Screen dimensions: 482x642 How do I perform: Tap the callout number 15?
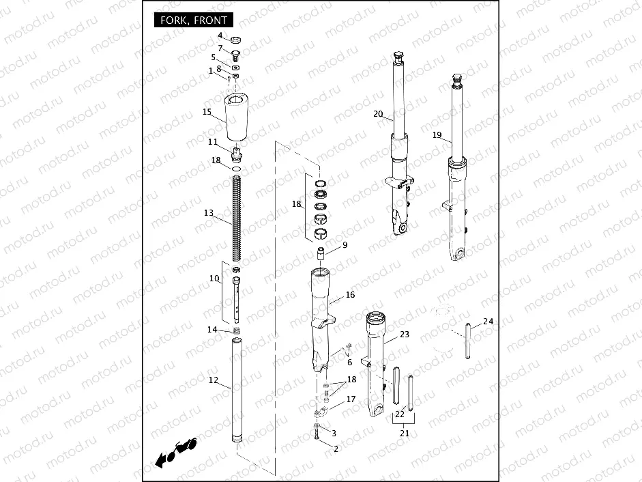pos(207,111)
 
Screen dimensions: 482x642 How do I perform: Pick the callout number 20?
pos(378,114)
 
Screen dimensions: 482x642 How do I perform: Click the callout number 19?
pos(437,135)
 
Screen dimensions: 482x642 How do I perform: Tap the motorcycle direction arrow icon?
pos(175,451)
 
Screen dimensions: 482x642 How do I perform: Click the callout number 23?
pos(405,335)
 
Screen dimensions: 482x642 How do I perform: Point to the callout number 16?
pos(350,295)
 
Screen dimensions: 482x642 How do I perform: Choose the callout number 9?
pos(345,244)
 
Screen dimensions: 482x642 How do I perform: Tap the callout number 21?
pos(405,433)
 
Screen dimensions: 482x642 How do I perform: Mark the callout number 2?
pos(336,449)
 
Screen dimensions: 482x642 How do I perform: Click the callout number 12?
pos(214,380)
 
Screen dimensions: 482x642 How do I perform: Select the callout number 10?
pos(214,279)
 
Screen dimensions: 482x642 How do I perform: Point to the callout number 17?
pos(351,399)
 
